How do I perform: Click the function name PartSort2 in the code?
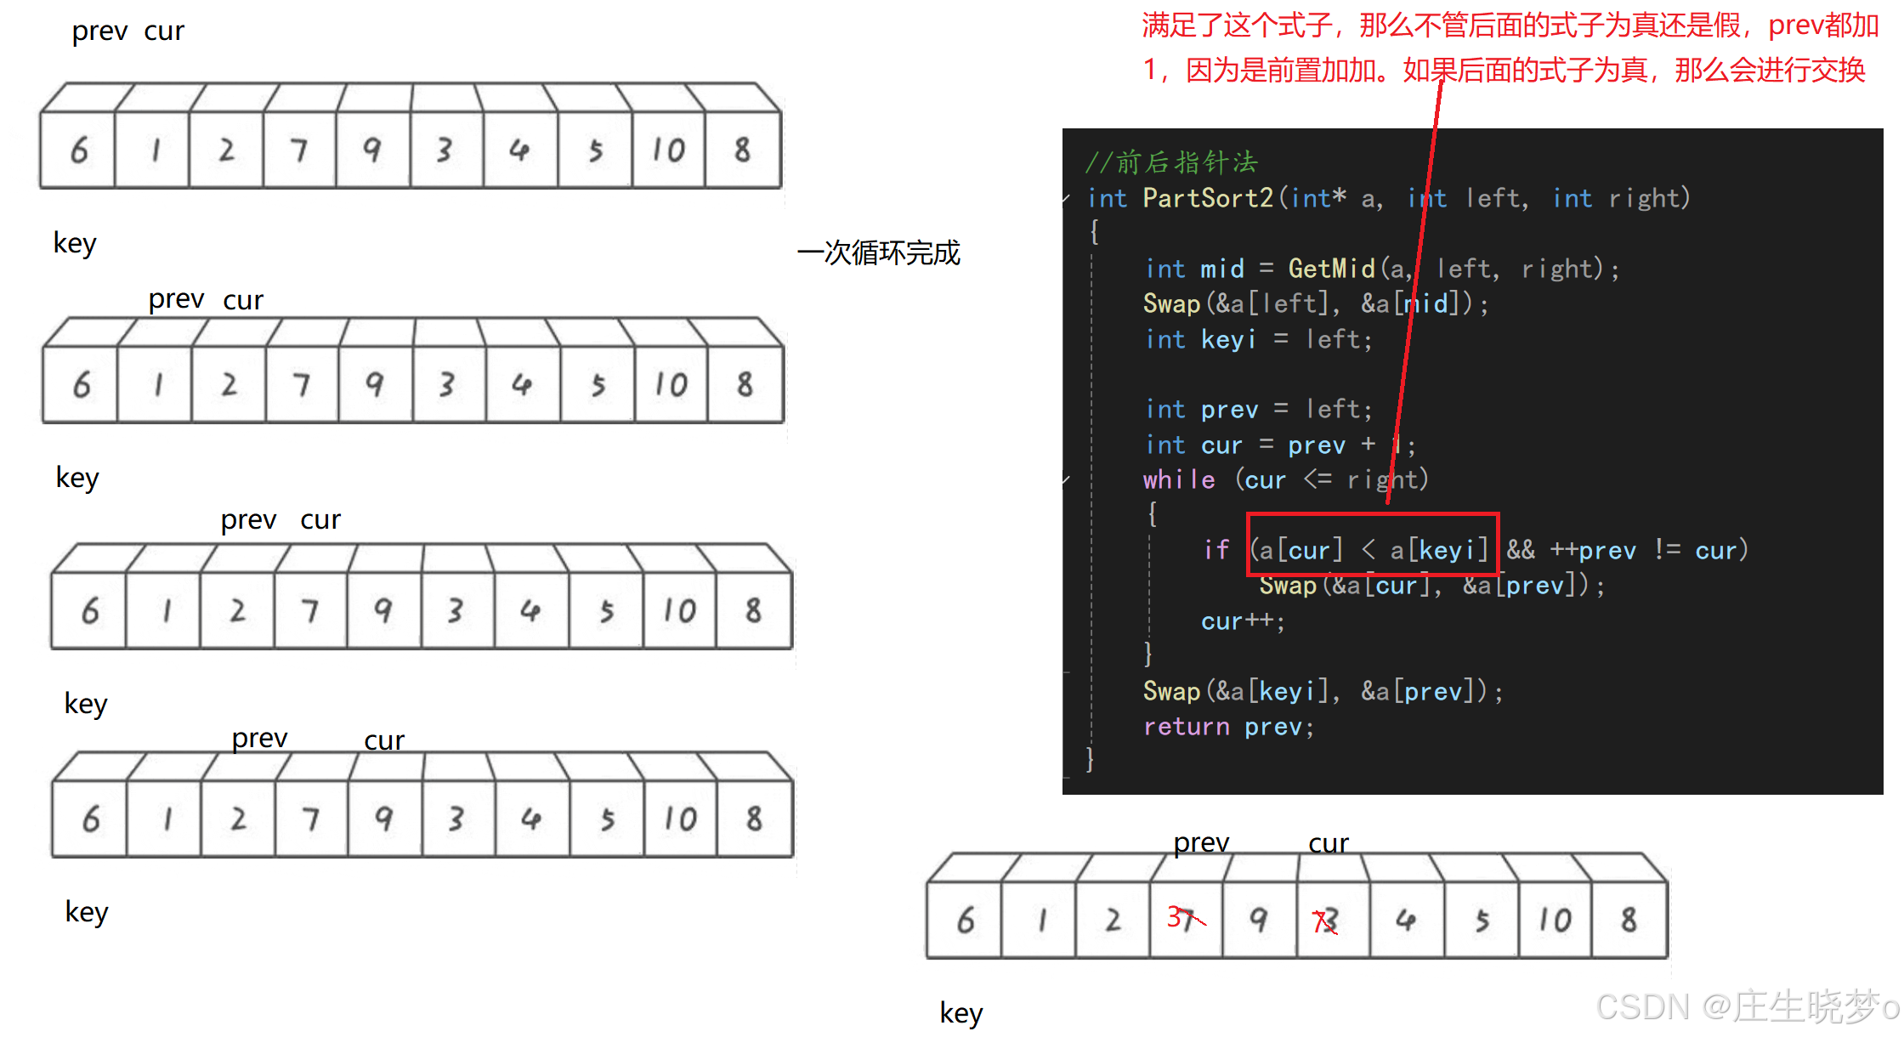[x=1207, y=198]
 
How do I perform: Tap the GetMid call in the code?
[x=1331, y=269]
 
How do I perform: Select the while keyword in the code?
[x=1179, y=480]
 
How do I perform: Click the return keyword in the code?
[x=1186, y=727]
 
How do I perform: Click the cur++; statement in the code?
[x=1243, y=621]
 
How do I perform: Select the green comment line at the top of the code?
[x=1171, y=161]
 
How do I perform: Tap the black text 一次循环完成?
[x=879, y=252]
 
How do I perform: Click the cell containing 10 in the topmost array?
[x=668, y=150]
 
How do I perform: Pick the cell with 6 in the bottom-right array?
[x=965, y=921]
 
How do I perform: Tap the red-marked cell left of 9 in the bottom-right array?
[x=1186, y=920]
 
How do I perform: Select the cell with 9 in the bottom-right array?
[x=1259, y=921]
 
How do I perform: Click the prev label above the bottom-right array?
[x=1201, y=842]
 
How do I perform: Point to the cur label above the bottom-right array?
[x=1329, y=843]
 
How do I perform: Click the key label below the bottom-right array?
[x=961, y=1012]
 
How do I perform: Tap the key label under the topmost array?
[x=75, y=243]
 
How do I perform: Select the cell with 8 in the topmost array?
[x=743, y=150]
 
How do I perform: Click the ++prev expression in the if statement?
[x=1593, y=551]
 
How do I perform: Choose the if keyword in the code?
[x=1216, y=551]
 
